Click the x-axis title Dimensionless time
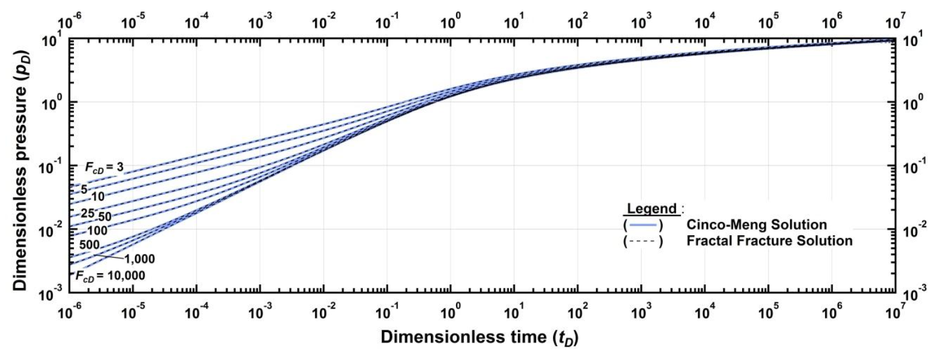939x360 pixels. pyautogui.click(x=479, y=337)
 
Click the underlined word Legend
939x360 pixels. pyautogui.click(x=651, y=208)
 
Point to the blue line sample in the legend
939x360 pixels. pyautogui.click(x=643, y=225)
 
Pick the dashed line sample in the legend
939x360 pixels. pyautogui.click(x=643, y=241)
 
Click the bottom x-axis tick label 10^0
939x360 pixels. pyautogui.click(x=451, y=313)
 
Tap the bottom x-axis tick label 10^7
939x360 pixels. pyautogui.click(x=895, y=313)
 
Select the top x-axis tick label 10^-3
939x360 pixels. pyautogui.click(x=260, y=24)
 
